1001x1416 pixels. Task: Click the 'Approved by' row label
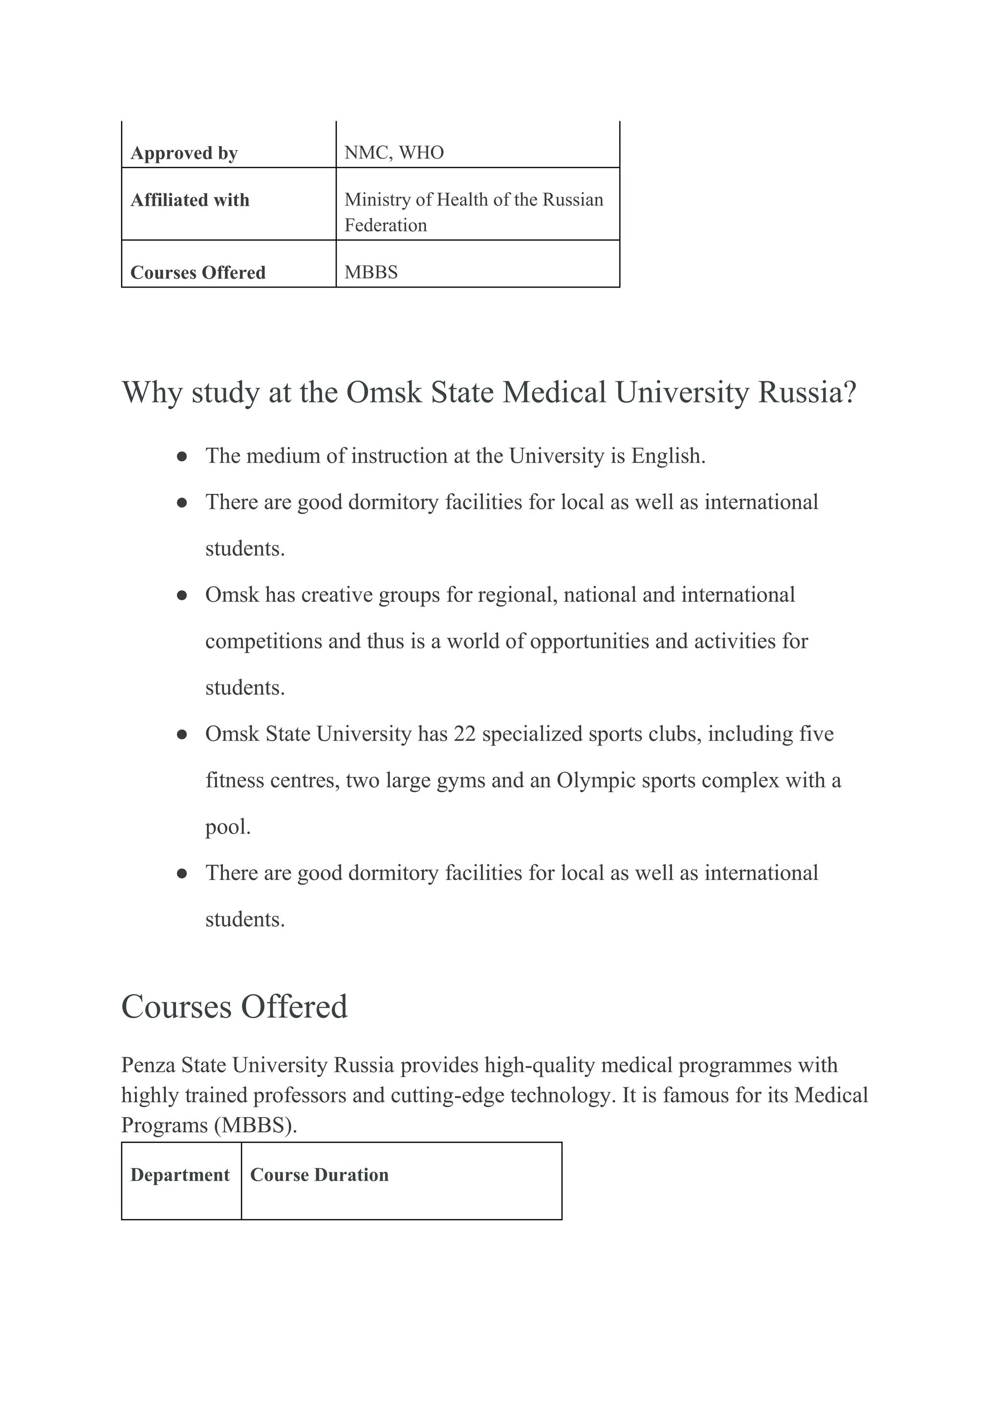point(184,153)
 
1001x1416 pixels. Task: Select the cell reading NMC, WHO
point(394,153)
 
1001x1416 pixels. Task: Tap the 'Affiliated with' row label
point(190,200)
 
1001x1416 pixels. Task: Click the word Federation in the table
point(385,225)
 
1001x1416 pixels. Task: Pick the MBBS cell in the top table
point(371,272)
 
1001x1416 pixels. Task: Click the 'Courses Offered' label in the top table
point(198,272)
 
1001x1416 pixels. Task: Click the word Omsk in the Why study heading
point(383,392)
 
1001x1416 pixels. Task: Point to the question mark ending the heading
point(850,392)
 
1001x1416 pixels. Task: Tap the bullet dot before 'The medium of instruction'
point(182,457)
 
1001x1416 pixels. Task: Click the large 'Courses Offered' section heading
point(234,1007)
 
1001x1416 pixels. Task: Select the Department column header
point(180,1175)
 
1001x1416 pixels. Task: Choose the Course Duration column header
point(319,1175)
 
